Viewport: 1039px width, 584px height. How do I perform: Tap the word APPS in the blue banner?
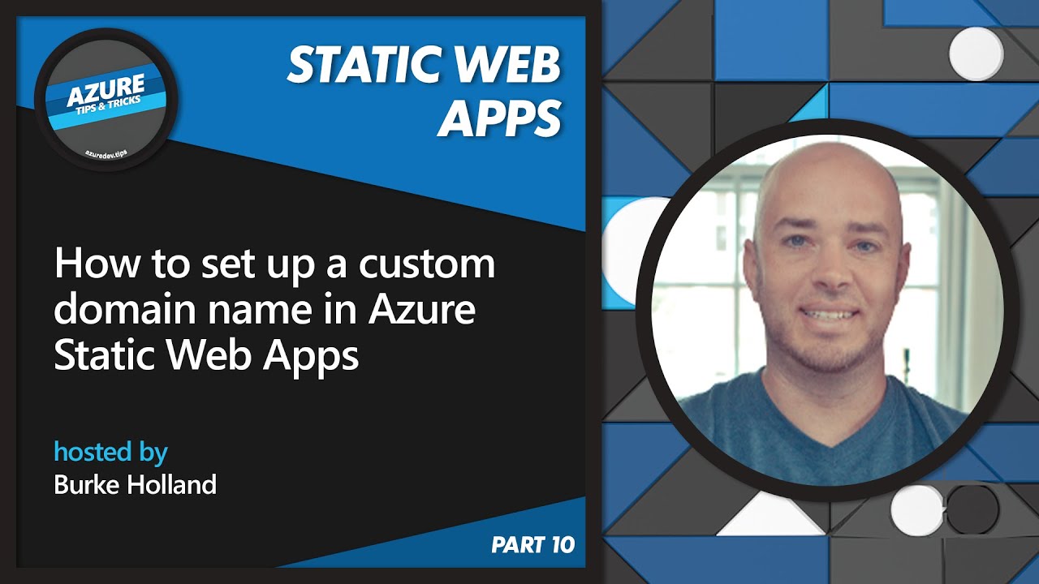[x=500, y=118]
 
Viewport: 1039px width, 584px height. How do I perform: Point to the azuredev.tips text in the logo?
[x=106, y=151]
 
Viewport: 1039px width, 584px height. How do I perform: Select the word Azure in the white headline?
[x=422, y=311]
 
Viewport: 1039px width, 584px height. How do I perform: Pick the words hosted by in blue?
[x=110, y=451]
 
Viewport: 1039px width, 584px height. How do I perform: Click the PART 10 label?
[x=532, y=545]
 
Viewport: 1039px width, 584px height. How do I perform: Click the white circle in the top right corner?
[x=976, y=54]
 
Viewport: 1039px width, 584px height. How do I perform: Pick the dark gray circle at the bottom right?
[x=972, y=510]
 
